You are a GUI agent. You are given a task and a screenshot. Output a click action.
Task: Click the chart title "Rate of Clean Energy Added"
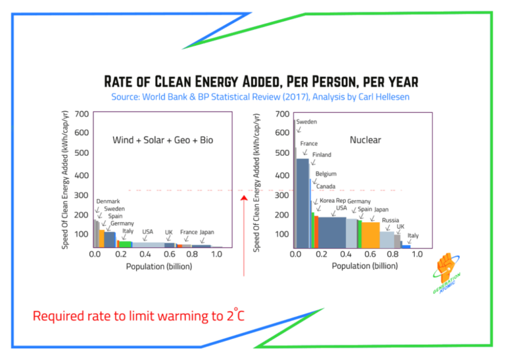261,82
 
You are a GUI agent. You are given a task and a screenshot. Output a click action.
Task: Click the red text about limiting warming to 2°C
139,316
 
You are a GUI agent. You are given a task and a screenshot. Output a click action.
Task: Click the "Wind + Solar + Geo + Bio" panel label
162,140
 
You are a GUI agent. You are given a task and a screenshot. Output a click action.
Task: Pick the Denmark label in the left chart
108,201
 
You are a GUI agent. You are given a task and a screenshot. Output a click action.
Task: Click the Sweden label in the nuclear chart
306,122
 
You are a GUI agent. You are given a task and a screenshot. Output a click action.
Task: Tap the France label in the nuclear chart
309,143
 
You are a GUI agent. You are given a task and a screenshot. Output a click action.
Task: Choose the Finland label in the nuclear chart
322,155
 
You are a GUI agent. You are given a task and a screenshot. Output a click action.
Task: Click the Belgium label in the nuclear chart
325,174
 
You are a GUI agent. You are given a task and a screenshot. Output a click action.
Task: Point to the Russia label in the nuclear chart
391,220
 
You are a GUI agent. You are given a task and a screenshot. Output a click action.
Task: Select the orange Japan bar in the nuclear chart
371,234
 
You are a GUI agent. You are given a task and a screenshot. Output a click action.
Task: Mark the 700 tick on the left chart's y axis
82,114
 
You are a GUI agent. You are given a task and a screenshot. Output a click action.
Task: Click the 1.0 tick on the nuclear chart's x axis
417,254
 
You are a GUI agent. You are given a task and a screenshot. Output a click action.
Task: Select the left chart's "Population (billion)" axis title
158,266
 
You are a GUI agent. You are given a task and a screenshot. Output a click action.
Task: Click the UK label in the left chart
168,232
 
